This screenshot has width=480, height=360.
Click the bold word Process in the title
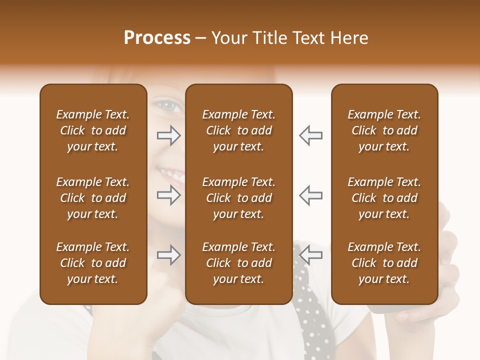pyautogui.click(x=157, y=38)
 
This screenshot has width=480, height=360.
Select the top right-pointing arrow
pyautogui.click(x=168, y=135)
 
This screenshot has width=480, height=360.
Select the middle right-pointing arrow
pyautogui.click(x=168, y=195)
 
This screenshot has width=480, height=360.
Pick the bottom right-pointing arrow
pyautogui.click(x=168, y=255)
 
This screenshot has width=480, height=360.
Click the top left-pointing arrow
pyautogui.click(x=311, y=135)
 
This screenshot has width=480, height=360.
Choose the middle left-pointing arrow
pyautogui.click(x=311, y=195)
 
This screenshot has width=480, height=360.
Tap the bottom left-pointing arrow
pyautogui.click(x=311, y=255)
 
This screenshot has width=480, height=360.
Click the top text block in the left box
pyautogui.click(x=93, y=130)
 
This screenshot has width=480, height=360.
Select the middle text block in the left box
pyautogui.click(x=93, y=198)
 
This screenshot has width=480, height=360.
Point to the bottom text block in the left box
pyautogui.click(x=93, y=263)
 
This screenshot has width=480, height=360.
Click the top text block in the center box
pyautogui.click(x=239, y=130)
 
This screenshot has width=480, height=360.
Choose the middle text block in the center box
pyautogui.click(x=239, y=198)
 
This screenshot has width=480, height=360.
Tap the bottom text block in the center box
pyautogui.click(x=239, y=263)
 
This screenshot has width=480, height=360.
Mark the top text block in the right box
pyautogui.click(x=384, y=130)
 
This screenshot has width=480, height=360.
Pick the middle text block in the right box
pyautogui.click(x=384, y=198)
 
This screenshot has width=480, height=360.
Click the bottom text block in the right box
pyautogui.click(x=384, y=263)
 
